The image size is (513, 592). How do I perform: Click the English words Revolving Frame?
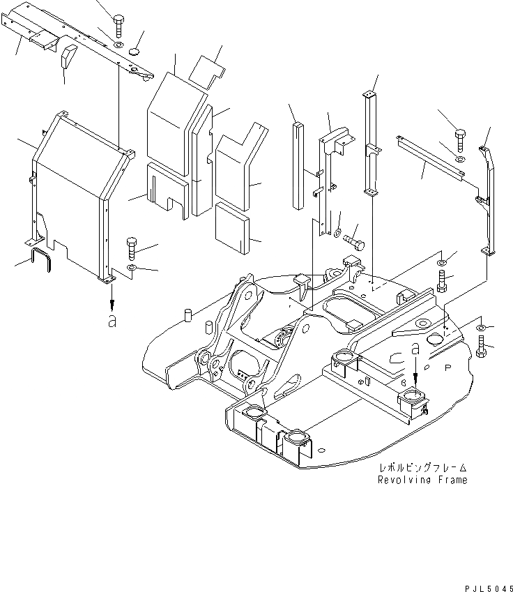pyautogui.click(x=422, y=480)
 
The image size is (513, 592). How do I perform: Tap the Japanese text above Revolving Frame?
pyautogui.click(x=422, y=469)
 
